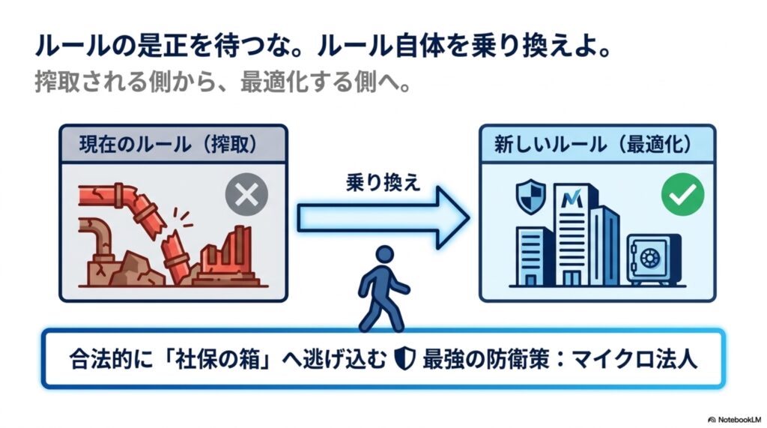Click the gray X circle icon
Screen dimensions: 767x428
pos(246,195)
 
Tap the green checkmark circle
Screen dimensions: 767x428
pos(683,195)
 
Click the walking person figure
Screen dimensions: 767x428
pos(383,289)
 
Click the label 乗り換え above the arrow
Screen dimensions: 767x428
pos(383,183)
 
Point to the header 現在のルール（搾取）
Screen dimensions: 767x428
pos(169,145)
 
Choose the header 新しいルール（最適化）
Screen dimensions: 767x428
pos(593,145)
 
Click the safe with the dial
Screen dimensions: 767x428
pos(654,259)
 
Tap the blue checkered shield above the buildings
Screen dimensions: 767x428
pos(531,196)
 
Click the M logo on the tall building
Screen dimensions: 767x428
pos(572,199)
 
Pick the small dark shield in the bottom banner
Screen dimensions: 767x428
pos(405,358)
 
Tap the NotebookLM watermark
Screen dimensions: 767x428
pos(735,420)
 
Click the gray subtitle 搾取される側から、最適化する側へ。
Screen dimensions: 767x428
pos(222,82)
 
